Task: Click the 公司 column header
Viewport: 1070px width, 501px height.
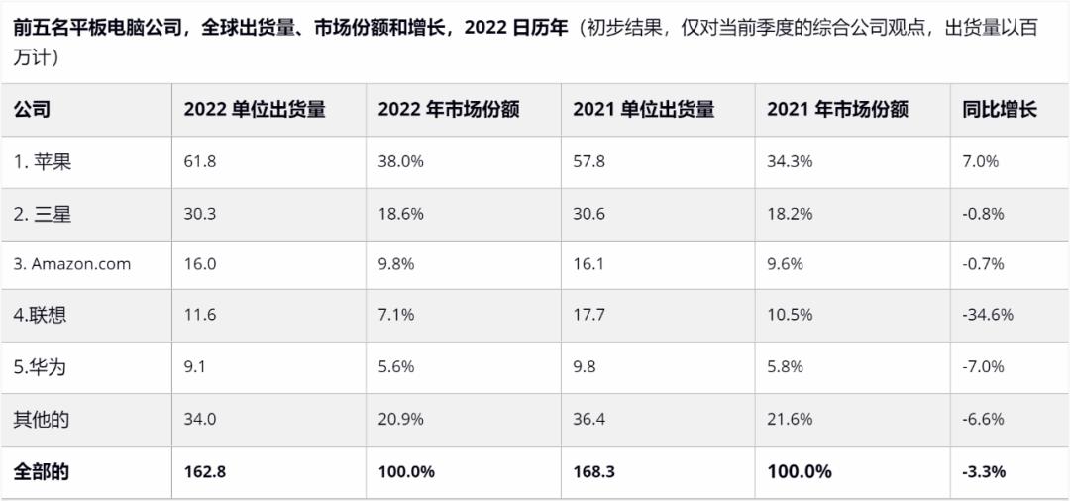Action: [x=32, y=110]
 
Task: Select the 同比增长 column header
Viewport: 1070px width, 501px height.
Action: [x=1000, y=110]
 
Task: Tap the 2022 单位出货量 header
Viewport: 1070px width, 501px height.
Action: [x=255, y=110]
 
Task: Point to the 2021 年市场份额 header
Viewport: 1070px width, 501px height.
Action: [x=837, y=110]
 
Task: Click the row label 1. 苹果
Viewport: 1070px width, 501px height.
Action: [x=43, y=161]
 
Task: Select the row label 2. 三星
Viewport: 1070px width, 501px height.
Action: [x=43, y=213]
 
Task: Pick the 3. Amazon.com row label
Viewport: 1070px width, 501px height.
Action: [x=72, y=264]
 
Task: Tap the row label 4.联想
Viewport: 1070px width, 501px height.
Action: [x=41, y=316]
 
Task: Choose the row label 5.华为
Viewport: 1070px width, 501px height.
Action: [x=41, y=367]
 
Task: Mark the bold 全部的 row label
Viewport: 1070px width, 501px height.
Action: [x=42, y=471]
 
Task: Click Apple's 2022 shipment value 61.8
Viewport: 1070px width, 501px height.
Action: [x=199, y=161]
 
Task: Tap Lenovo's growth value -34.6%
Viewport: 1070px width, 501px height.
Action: [x=988, y=316]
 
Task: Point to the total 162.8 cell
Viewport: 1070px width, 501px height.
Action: [x=205, y=471]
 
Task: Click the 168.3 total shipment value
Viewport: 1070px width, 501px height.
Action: [x=593, y=471]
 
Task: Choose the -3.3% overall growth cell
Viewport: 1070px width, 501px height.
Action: [x=984, y=471]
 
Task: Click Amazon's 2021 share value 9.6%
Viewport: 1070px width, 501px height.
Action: [x=786, y=264]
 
